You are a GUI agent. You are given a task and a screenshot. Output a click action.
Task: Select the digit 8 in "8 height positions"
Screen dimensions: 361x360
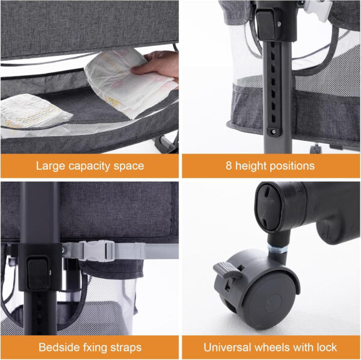(x=229, y=166)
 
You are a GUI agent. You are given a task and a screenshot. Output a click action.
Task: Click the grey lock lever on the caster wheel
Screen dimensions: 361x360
(x=227, y=270)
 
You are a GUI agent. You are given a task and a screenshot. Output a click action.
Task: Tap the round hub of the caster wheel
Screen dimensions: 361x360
(x=273, y=303)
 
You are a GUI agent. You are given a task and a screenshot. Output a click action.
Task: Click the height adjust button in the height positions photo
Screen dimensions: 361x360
(x=267, y=25)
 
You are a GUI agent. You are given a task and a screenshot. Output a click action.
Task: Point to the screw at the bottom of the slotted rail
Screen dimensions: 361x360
(x=274, y=132)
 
